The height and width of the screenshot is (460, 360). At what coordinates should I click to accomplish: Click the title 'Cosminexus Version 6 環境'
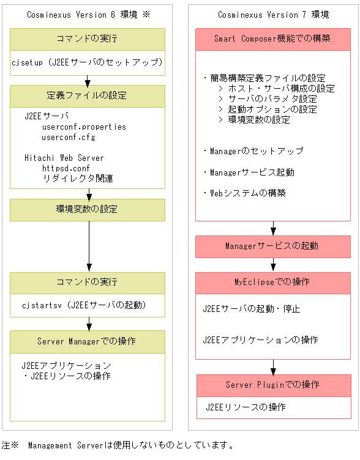click(83, 15)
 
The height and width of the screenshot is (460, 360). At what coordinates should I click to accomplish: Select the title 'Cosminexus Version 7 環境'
click(272, 15)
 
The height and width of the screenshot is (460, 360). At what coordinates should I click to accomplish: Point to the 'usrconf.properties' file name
click(84, 127)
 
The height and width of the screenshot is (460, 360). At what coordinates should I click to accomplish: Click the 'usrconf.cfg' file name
click(69, 137)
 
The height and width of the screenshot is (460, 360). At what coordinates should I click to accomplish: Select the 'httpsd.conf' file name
click(66, 168)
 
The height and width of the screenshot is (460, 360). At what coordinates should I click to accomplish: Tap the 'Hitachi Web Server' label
click(64, 158)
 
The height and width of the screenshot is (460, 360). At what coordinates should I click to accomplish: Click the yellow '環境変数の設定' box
click(87, 209)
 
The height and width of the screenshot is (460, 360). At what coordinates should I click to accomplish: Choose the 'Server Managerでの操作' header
click(87, 341)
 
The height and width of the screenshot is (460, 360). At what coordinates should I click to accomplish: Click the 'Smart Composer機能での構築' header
click(272, 39)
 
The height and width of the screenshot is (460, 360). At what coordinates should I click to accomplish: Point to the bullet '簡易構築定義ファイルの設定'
click(264, 78)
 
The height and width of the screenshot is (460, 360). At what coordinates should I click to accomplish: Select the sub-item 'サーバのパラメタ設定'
click(272, 99)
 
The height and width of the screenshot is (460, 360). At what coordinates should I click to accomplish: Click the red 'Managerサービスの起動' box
click(272, 247)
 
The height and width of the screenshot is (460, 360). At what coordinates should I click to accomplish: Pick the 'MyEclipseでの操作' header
click(272, 282)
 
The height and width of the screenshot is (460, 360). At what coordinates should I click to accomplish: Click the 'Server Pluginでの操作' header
click(272, 385)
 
